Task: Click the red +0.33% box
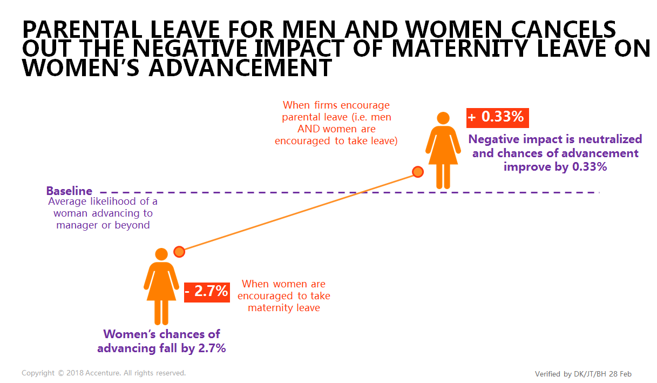point(497,118)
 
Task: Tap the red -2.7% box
point(207,292)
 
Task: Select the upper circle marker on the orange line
point(418,172)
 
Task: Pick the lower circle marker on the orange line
point(179,252)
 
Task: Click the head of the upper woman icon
point(443,118)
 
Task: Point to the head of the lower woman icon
point(161,254)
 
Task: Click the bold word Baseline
point(69,191)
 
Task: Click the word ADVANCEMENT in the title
point(240,68)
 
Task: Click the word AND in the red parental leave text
point(309,129)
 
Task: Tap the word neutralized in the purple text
point(610,139)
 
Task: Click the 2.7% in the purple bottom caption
point(212,348)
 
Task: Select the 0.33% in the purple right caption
point(590,167)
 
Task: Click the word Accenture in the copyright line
point(103,373)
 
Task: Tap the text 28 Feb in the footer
point(620,374)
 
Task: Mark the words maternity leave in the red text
point(284,308)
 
